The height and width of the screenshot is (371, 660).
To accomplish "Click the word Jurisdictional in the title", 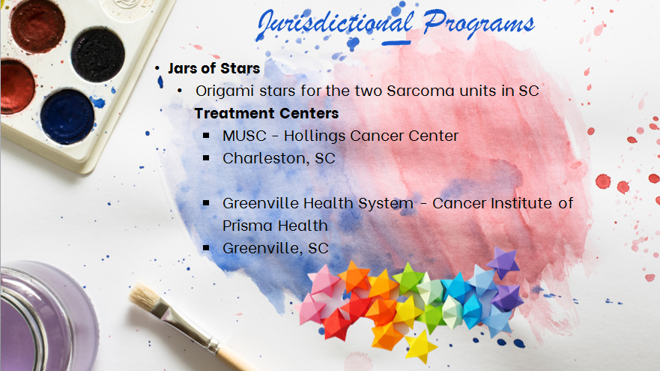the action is click(x=335, y=25).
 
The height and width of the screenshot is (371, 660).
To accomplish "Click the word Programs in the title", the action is click(x=479, y=25).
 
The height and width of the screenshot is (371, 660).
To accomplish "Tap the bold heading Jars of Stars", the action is click(x=214, y=68).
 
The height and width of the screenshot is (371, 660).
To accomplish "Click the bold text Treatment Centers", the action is click(x=267, y=113).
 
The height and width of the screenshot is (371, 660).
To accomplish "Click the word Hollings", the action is click(x=315, y=136).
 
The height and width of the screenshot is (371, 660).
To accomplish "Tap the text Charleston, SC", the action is click(x=279, y=158).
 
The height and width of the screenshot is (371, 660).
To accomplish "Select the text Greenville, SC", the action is click(x=275, y=248).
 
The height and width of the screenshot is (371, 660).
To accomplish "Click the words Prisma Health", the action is click(x=275, y=226).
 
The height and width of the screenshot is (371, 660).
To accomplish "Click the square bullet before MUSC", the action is click(x=206, y=136).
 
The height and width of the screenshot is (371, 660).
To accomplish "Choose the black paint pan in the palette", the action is click(x=97, y=55).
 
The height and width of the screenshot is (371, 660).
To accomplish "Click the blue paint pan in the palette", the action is click(x=67, y=117).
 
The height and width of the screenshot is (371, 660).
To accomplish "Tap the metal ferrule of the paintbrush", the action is click(x=186, y=326).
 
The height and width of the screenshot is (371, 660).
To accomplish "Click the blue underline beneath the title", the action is click(x=396, y=43).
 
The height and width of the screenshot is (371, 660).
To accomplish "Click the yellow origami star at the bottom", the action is click(x=421, y=346).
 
